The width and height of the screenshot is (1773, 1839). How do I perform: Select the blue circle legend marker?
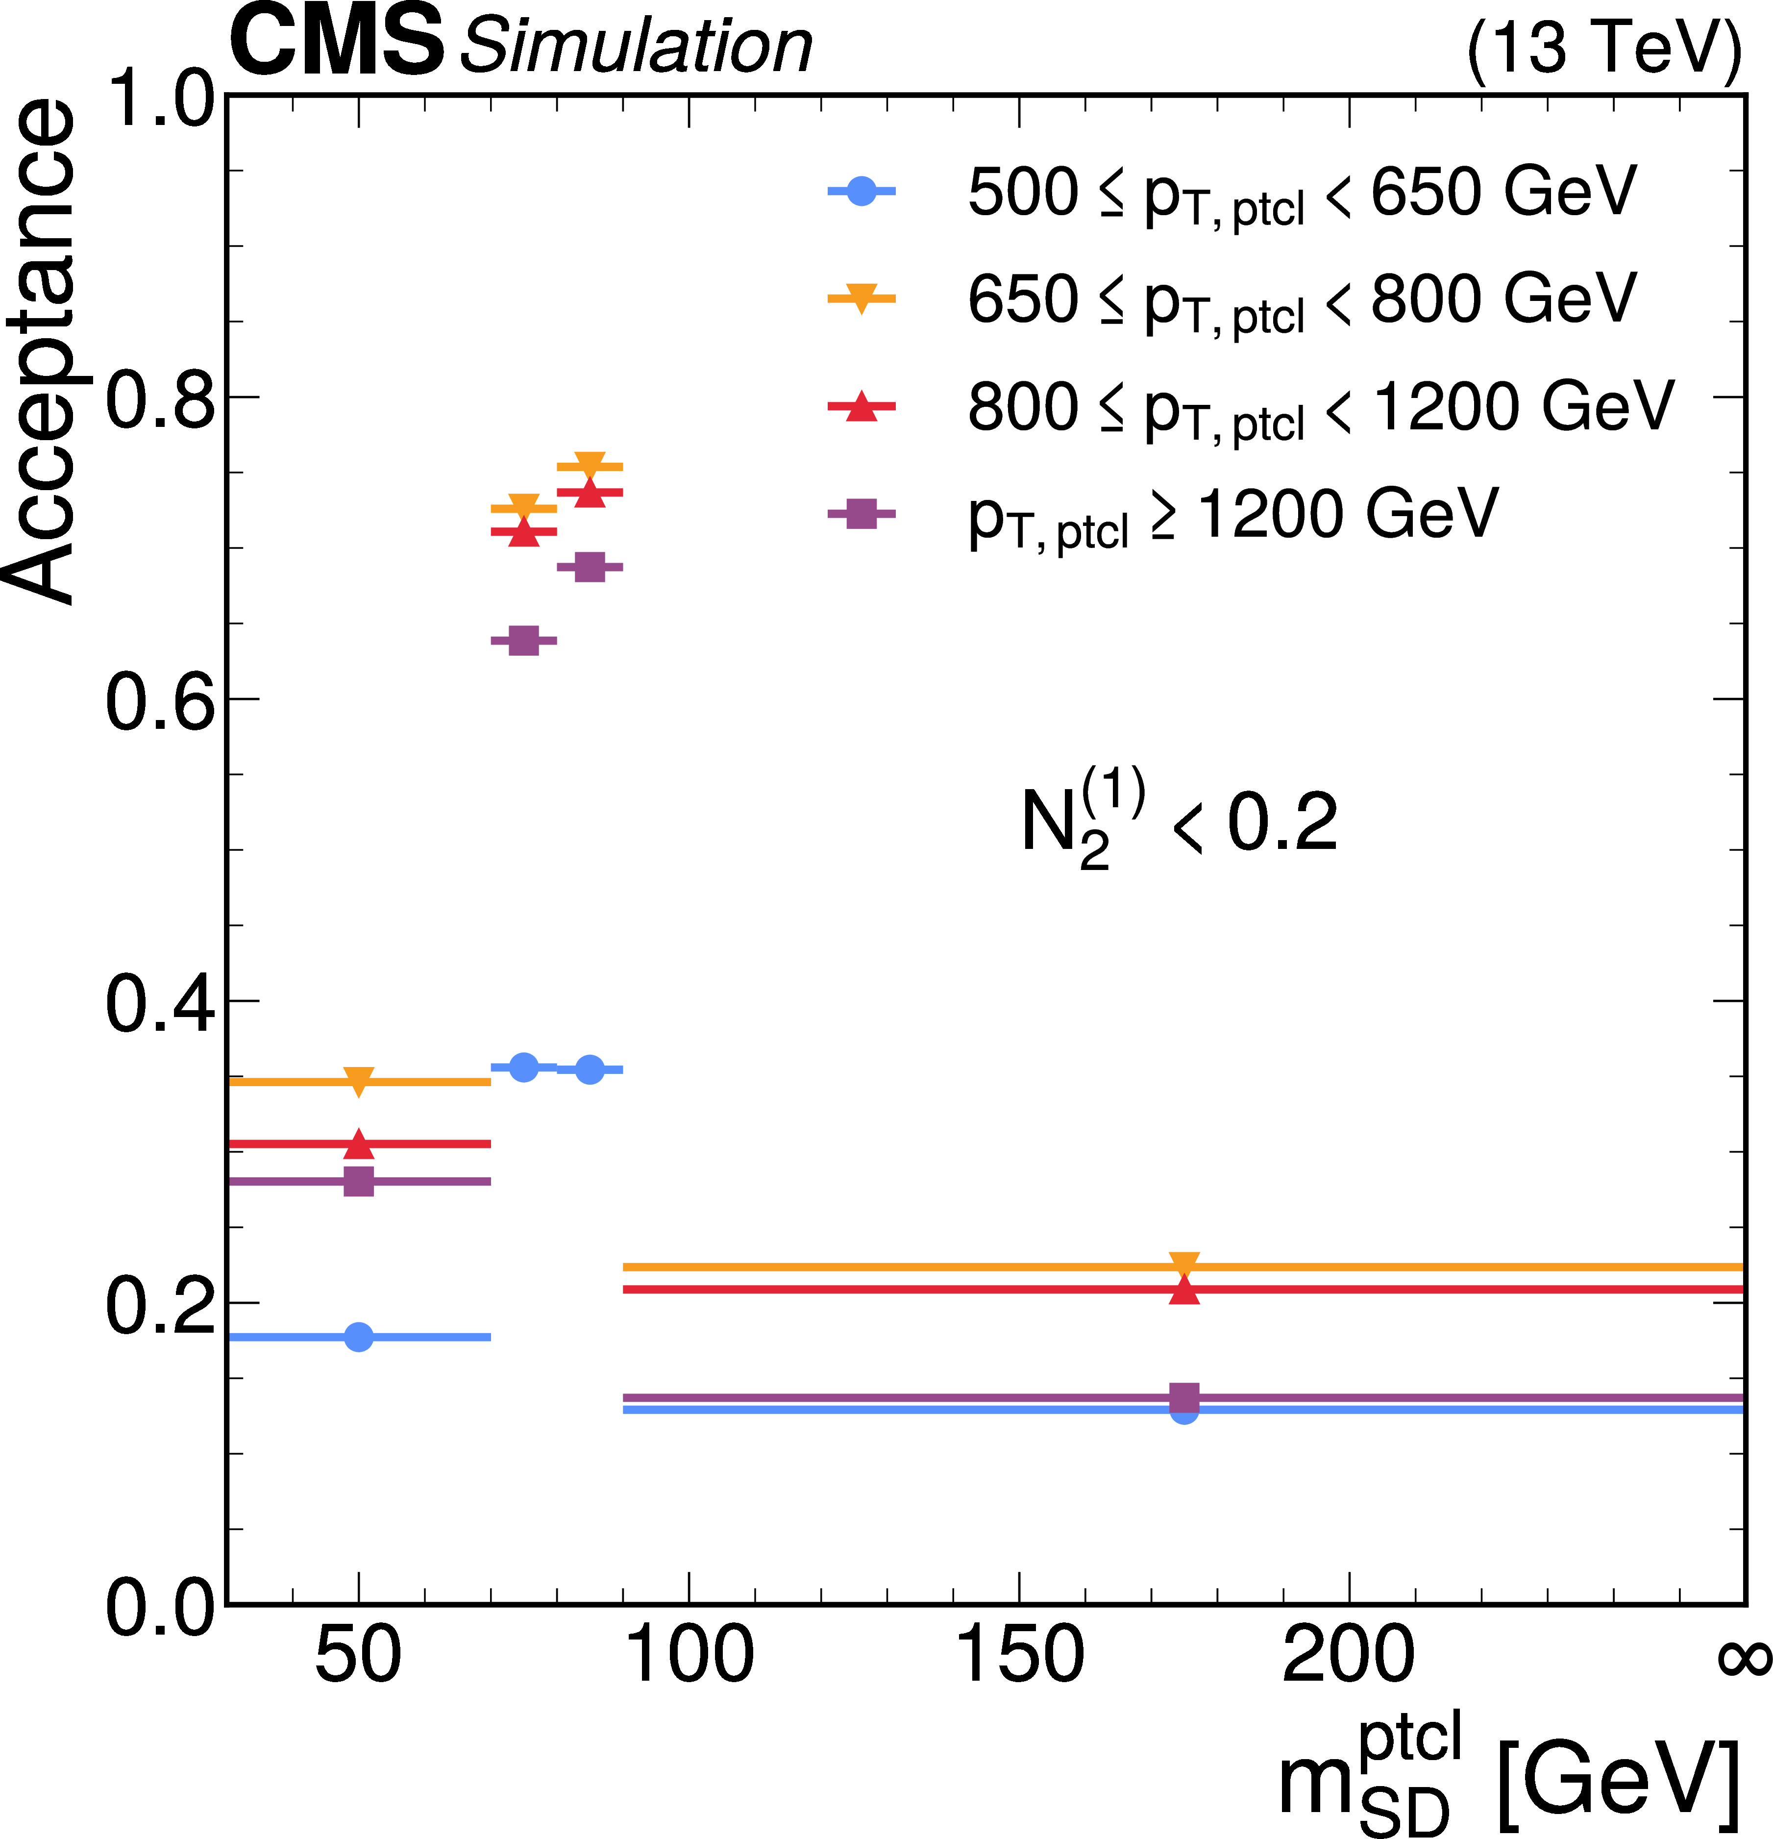861,192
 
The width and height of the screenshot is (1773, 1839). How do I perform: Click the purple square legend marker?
861,513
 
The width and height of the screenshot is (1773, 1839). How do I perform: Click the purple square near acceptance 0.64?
523,641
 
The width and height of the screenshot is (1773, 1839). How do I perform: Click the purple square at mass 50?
358,1181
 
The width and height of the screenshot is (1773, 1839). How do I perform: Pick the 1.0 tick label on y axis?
159,99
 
